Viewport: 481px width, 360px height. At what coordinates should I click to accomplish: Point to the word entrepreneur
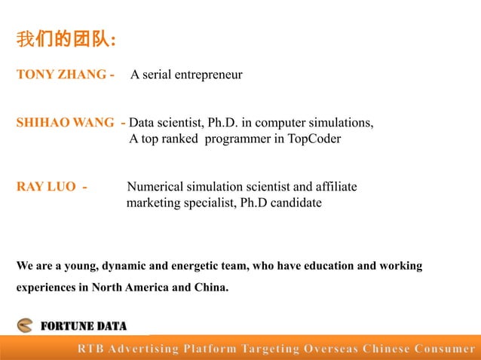(208, 75)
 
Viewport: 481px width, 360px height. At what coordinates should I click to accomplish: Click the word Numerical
(153, 187)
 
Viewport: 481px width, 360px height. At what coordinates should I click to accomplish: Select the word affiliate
(335, 187)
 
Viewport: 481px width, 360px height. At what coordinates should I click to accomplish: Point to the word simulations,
(341, 122)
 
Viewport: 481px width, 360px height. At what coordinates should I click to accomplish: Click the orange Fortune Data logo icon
(26, 326)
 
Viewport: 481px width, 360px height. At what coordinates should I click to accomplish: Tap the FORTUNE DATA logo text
(83, 326)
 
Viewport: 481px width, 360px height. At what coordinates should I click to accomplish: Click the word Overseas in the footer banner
(329, 349)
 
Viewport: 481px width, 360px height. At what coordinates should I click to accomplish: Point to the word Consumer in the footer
(446, 349)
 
